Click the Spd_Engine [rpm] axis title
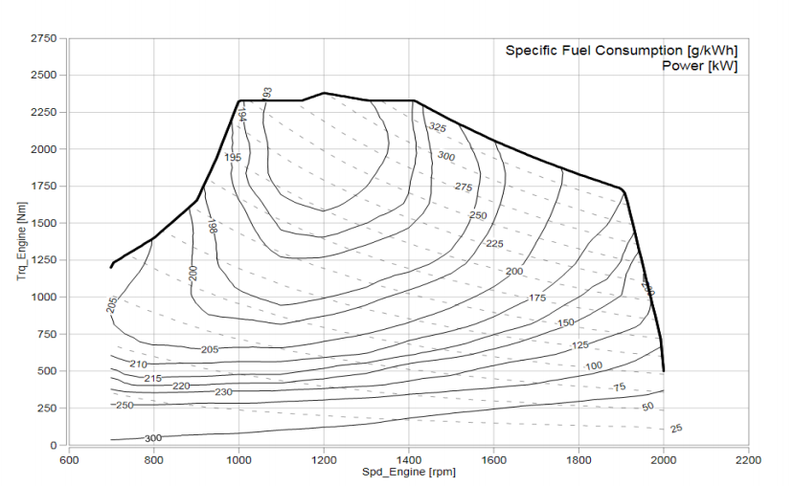pyautogui.click(x=403, y=473)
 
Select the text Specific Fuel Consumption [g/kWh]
pyautogui.click(x=622, y=50)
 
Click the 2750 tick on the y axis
pyautogui.click(x=44, y=37)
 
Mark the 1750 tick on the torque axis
pyautogui.click(x=44, y=186)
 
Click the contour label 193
pyautogui.click(x=267, y=93)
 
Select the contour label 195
pyautogui.click(x=233, y=157)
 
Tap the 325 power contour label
pyautogui.click(x=437, y=127)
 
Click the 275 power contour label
pyautogui.click(x=464, y=187)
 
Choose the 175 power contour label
pyautogui.click(x=537, y=298)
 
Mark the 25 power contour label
pyautogui.click(x=676, y=428)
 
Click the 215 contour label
pyautogui.click(x=152, y=379)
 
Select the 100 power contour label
pyautogui.click(x=594, y=366)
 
